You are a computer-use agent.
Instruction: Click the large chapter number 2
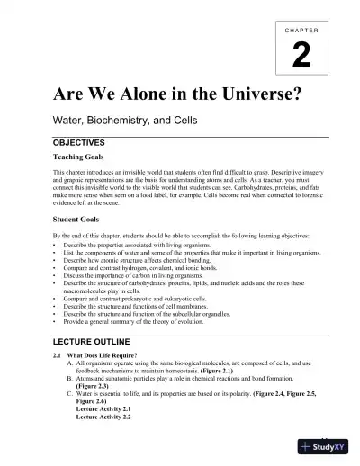tap(301, 58)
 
